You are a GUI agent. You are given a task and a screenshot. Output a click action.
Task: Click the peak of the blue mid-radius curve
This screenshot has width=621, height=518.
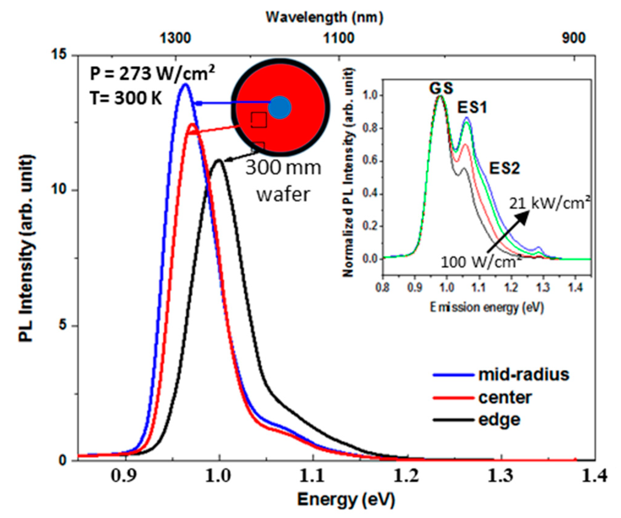[185, 85]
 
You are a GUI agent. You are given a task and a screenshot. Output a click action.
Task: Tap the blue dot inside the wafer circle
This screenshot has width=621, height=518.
[279, 107]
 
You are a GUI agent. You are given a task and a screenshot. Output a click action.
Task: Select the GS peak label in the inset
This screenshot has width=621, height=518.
[441, 88]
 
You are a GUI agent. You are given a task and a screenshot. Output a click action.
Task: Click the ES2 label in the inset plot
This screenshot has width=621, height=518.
[504, 168]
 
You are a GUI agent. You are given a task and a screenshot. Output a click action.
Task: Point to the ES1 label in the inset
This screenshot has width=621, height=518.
[472, 108]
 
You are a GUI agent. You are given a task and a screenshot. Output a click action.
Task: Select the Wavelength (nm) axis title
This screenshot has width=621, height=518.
[324, 17]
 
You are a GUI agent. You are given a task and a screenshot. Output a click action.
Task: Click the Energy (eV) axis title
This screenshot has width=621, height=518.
[346, 500]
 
